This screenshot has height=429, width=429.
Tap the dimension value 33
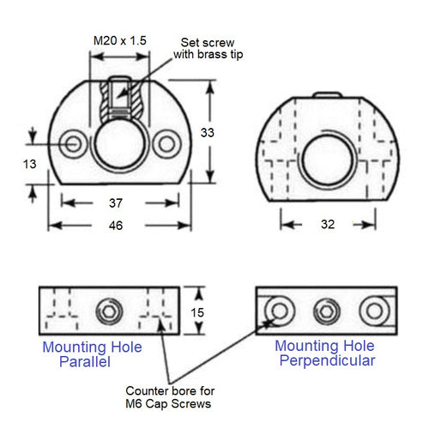(208, 132)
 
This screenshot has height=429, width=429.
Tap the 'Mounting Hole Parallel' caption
(92, 355)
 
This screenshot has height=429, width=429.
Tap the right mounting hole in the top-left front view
(165, 141)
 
